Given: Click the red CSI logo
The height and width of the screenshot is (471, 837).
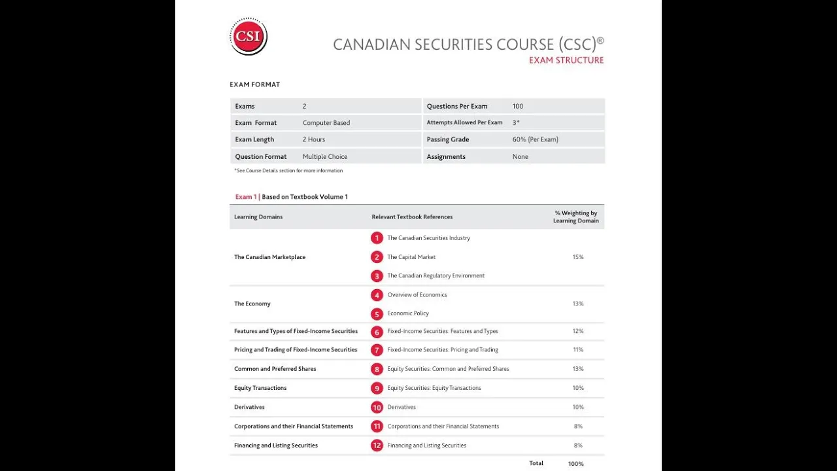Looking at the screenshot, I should click(x=248, y=37).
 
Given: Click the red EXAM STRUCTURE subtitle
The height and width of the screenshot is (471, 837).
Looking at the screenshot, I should click(x=566, y=60).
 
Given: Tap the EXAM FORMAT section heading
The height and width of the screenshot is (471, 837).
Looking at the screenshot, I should click(x=254, y=84).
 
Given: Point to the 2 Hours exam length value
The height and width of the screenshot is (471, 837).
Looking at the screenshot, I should click(x=314, y=139).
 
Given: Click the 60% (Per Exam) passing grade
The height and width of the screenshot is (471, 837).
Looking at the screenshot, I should click(x=535, y=139).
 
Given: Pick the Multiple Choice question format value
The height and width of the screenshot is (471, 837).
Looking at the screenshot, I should click(x=325, y=157).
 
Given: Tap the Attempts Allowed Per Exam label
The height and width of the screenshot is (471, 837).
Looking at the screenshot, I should click(x=464, y=123).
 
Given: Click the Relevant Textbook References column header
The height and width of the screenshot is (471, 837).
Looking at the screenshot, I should click(x=412, y=217).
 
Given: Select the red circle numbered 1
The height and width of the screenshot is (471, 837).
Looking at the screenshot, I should click(x=377, y=238).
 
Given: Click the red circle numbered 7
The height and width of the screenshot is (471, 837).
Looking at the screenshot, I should click(x=377, y=350).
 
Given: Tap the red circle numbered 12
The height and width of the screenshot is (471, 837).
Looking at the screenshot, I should click(x=377, y=445).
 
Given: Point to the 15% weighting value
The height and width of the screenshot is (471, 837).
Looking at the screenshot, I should click(x=577, y=257).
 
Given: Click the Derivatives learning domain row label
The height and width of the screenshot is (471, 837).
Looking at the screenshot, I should click(x=249, y=408).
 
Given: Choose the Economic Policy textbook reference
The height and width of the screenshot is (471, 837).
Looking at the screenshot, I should click(x=408, y=313).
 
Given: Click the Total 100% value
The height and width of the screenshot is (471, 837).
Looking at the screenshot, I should click(x=575, y=464).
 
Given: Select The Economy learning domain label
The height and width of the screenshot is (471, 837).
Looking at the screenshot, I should click(x=252, y=304).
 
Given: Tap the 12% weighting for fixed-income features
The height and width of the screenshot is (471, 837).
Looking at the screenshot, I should click(x=577, y=332).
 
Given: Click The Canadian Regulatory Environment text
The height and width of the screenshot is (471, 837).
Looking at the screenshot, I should click(x=436, y=276).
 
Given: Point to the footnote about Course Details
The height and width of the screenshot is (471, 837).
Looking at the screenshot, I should click(x=288, y=171).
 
